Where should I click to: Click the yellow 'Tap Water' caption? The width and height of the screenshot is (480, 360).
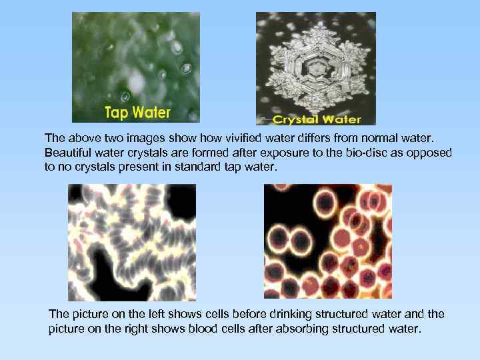(x=137, y=113)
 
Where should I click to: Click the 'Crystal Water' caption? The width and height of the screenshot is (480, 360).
(x=317, y=120)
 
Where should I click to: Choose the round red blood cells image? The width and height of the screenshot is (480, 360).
(x=328, y=241)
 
